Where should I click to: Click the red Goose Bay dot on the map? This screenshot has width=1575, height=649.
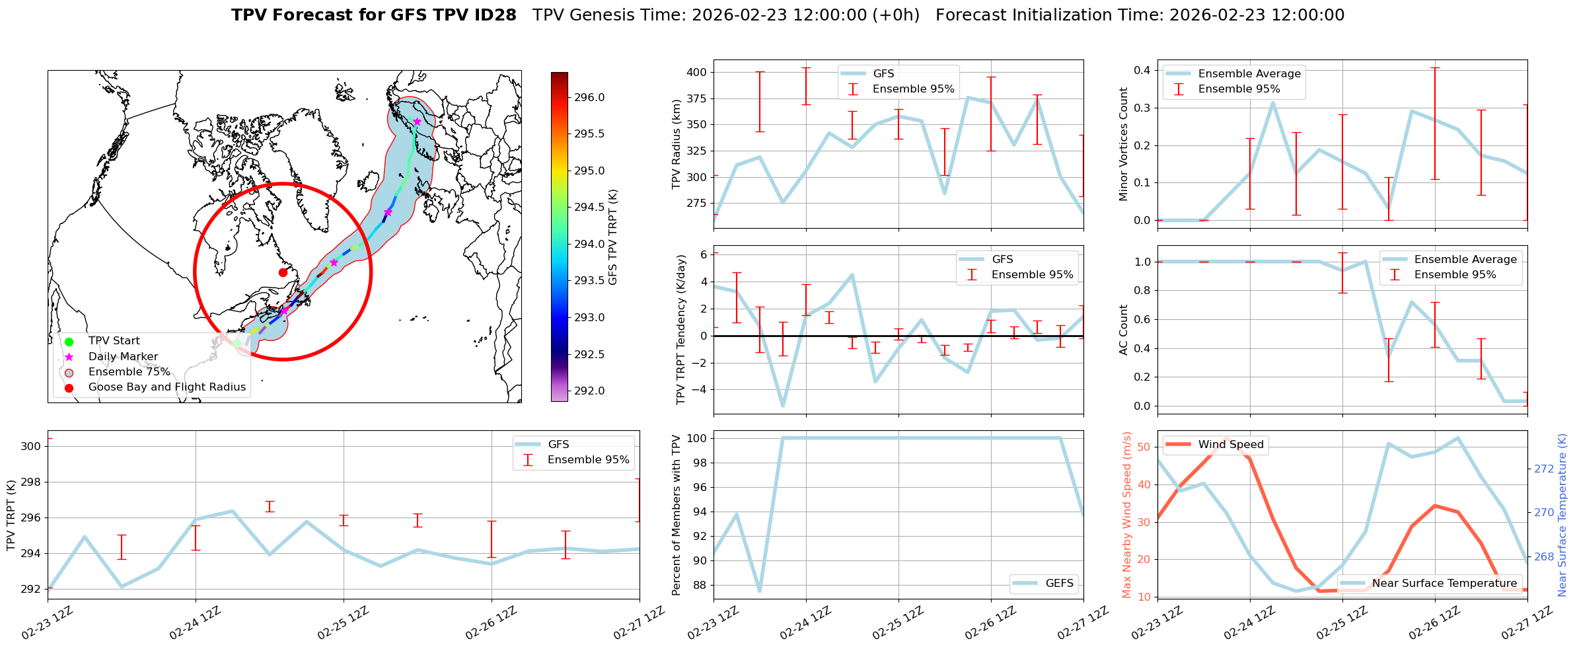[283, 272]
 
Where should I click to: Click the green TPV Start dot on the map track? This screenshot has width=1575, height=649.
[237, 343]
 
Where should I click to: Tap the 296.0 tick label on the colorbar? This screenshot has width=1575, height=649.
[589, 98]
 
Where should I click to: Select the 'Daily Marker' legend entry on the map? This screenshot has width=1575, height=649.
[123, 357]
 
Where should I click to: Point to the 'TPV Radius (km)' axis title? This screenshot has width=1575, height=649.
[676, 144]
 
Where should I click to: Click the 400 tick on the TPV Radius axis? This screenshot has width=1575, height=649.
[698, 72]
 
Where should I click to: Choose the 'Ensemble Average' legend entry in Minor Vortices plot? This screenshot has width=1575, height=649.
[1249, 74]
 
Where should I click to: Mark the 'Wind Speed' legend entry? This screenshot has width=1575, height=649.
[1230, 445]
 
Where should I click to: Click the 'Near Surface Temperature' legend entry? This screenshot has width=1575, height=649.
[1444, 584]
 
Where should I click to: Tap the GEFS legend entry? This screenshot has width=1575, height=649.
[1059, 584]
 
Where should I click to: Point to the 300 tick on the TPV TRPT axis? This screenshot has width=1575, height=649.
[32, 446]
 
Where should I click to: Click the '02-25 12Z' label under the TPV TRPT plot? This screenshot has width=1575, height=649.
[343, 623]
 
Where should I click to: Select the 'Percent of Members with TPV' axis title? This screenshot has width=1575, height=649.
[676, 515]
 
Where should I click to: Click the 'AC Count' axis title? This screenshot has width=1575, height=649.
[1124, 330]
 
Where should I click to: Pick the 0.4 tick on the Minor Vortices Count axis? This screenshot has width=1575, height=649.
[1142, 71]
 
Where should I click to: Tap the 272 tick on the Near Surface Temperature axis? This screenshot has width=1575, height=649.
[1544, 469]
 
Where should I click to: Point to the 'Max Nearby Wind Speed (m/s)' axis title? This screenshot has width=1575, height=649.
[1127, 515]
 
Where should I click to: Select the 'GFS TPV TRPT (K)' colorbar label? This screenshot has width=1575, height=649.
[613, 237]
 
